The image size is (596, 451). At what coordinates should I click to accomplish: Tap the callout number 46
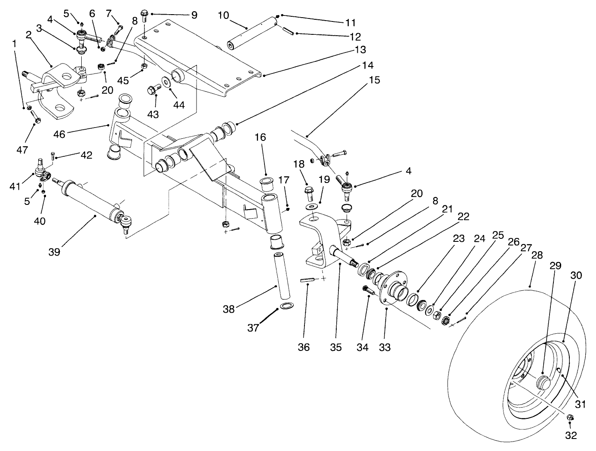coord(60,134)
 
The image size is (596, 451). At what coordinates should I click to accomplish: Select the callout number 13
coord(360,49)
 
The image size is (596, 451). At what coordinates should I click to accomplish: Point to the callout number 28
coord(537,255)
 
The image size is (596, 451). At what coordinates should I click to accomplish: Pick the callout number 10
coord(223,15)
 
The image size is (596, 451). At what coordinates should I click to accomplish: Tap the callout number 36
coord(304,347)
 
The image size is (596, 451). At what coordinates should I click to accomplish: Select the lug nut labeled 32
coord(569,417)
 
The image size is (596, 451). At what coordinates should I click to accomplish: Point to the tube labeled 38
coord(282,275)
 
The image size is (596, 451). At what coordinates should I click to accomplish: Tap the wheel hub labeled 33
coord(392,289)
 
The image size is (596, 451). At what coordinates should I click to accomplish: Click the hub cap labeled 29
coord(544,382)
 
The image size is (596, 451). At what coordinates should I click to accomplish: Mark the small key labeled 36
coord(305,280)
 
